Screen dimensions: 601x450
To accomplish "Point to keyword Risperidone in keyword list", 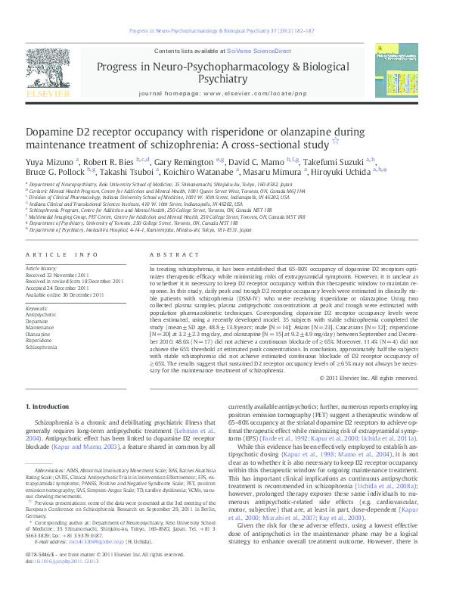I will (x=39, y=341).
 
